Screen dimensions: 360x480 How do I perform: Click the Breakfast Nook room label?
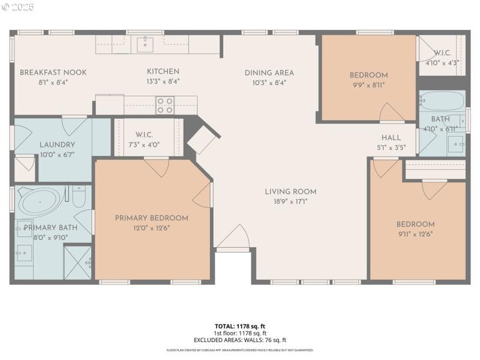click(x=53, y=73)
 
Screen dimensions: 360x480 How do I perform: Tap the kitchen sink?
click(x=145, y=44)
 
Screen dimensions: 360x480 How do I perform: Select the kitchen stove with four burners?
click(x=165, y=106)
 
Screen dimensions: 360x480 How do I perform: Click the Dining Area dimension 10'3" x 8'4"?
click(x=269, y=83)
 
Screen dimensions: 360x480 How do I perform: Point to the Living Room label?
click(x=290, y=192)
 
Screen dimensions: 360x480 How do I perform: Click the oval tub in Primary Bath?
click(x=39, y=201)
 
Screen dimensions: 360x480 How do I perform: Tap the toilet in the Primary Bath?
click(x=79, y=197)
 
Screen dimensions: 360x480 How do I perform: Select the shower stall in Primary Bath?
click(x=78, y=263)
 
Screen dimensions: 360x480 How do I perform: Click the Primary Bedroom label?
click(x=151, y=218)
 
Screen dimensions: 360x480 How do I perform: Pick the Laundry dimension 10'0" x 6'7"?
click(x=57, y=154)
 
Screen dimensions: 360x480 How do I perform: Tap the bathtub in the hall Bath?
click(x=442, y=100)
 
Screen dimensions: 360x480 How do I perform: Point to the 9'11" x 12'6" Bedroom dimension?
click(x=415, y=234)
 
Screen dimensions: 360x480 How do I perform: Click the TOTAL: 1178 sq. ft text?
click(x=240, y=326)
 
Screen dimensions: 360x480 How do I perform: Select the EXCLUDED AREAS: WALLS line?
click(x=240, y=340)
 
